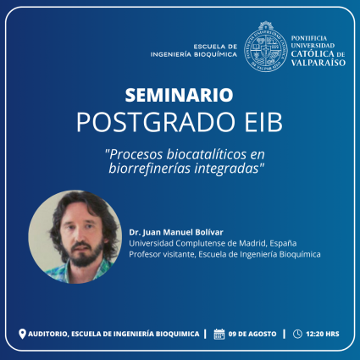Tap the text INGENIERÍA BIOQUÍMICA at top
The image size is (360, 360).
(x=194, y=53)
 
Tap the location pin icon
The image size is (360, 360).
(x=22, y=334)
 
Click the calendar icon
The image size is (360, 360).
(x=219, y=334)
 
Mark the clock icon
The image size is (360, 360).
(x=296, y=334)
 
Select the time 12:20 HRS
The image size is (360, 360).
(x=322, y=334)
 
